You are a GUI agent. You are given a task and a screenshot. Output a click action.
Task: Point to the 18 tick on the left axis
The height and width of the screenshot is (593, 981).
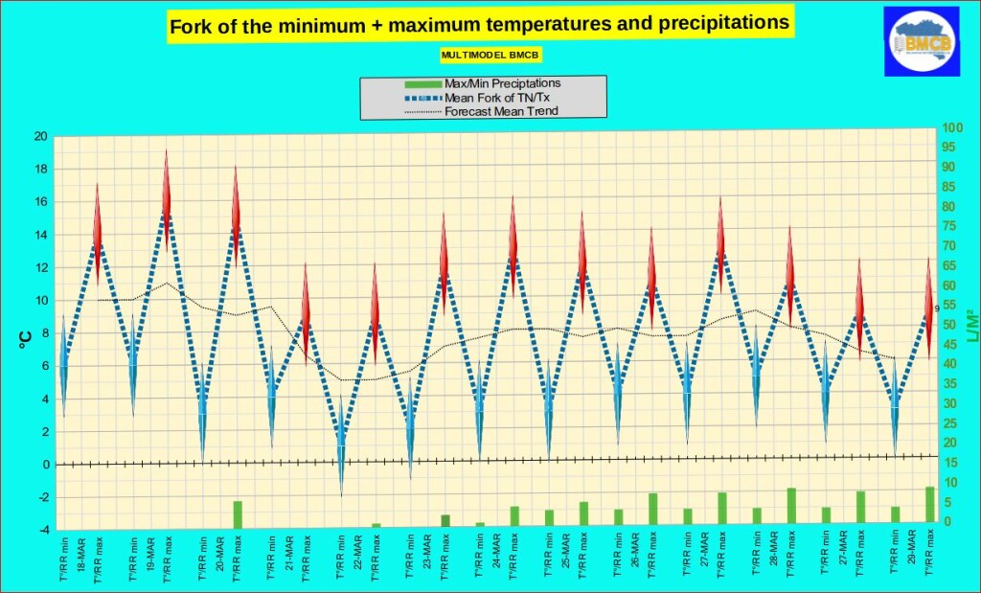tap(40, 170)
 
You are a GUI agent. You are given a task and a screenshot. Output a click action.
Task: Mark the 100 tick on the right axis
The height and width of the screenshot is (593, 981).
tap(952, 127)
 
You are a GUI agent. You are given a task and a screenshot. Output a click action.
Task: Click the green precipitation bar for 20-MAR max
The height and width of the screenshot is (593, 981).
tap(237, 514)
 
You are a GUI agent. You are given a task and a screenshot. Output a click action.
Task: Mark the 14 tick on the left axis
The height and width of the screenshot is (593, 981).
tap(40, 235)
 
